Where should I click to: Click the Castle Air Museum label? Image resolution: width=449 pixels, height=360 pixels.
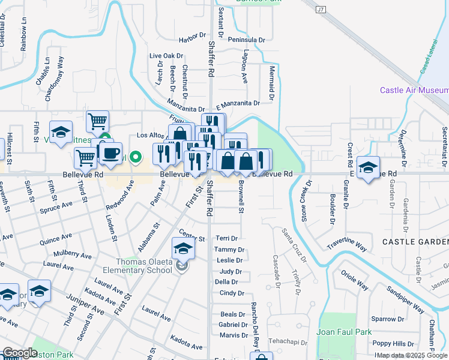pyautogui.click(x=414, y=90)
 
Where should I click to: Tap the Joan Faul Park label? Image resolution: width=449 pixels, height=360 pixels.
pyautogui.click(x=345, y=332)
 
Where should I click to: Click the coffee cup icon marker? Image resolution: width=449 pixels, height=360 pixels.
pyautogui.click(x=110, y=153)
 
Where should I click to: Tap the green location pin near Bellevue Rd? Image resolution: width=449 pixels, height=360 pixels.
pyautogui.click(x=136, y=158)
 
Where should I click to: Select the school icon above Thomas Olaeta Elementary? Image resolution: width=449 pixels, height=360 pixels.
pyautogui.click(x=184, y=248)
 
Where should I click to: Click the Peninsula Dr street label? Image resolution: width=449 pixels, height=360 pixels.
pyautogui.click(x=246, y=40)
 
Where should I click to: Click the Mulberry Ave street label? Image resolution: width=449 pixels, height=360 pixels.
pyautogui.click(x=72, y=255)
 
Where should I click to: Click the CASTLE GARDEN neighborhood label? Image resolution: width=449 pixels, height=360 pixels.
pyautogui.click(x=415, y=241)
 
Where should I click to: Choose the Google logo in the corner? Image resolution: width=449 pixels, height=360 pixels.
pyautogui.click(x=20, y=353)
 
